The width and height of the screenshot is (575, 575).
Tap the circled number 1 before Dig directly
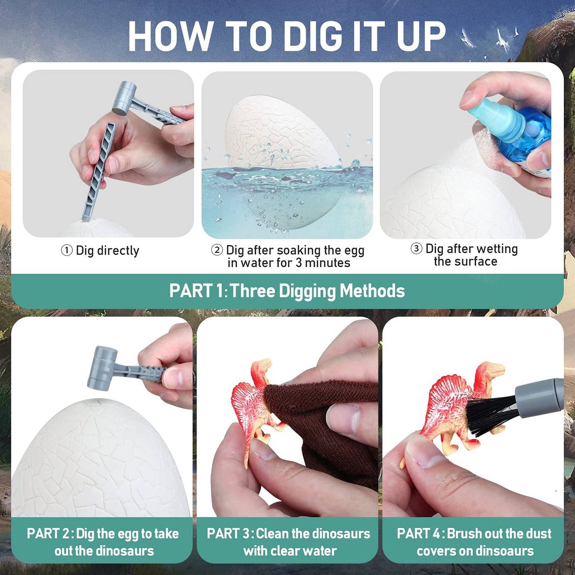(x=66, y=251)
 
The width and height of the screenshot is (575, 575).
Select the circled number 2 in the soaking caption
(x=217, y=250)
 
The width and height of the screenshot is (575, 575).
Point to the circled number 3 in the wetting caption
(x=416, y=249)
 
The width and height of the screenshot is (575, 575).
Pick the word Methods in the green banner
(x=372, y=291)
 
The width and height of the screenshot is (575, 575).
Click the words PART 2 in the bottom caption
(x=48, y=534)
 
